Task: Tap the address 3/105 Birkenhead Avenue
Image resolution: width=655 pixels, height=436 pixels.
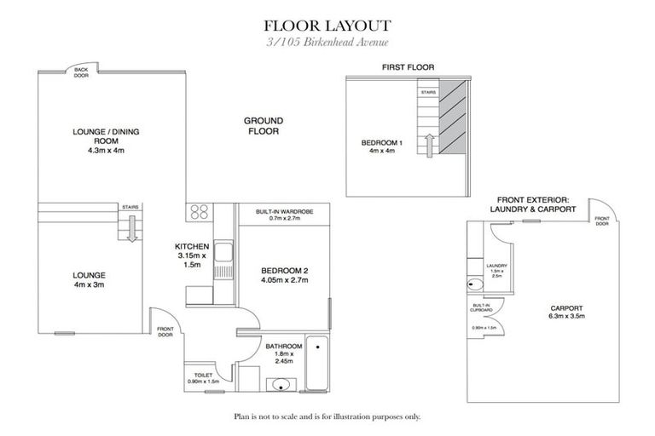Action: [327, 43]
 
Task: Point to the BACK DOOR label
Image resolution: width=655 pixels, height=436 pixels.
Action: [81, 72]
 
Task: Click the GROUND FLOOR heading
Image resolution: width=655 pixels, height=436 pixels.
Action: [264, 126]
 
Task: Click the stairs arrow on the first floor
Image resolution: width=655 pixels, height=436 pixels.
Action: [427, 145]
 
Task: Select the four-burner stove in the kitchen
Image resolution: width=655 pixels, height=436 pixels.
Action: [199, 212]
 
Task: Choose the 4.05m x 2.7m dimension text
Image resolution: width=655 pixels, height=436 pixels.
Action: [284, 280]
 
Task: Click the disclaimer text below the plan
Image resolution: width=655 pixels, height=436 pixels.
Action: [327, 417]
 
